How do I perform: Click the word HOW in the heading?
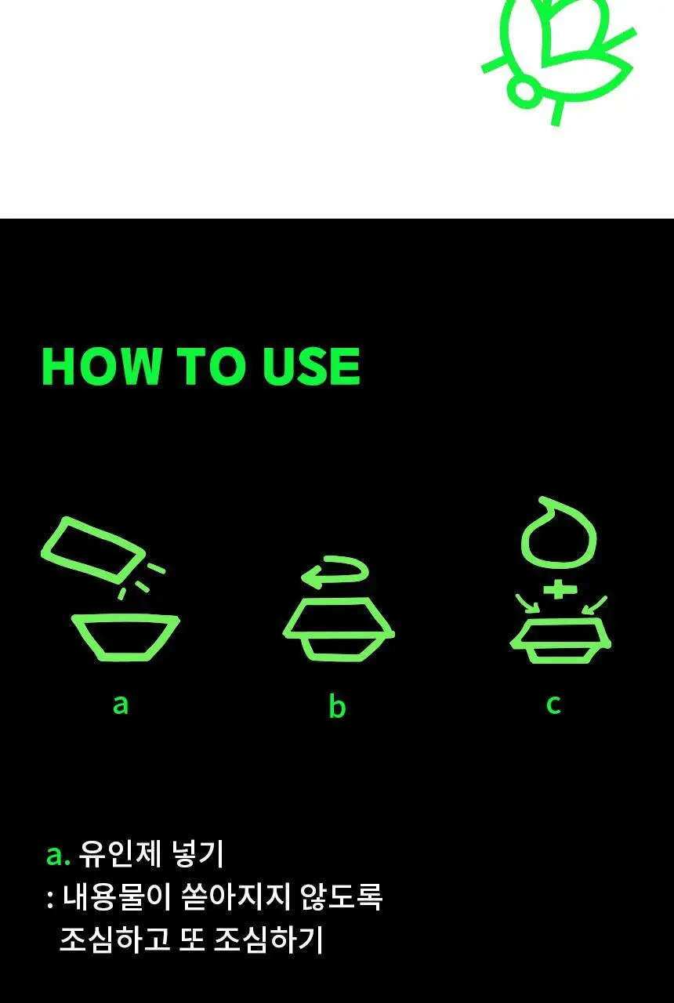click(x=101, y=366)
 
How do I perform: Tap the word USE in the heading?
click(x=311, y=366)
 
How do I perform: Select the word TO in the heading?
click(x=212, y=366)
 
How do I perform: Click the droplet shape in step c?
click(x=559, y=534)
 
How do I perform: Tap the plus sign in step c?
click(x=557, y=591)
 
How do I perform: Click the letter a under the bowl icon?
click(x=121, y=704)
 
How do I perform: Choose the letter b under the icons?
click(x=337, y=706)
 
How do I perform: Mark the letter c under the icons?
click(x=553, y=704)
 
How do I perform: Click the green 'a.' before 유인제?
click(x=58, y=856)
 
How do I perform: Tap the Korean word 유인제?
click(x=120, y=854)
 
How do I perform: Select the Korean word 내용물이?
click(x=117, y=897)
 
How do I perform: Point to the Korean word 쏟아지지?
click(x=237, y=897)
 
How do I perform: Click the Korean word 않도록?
click(x=342, y=897)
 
